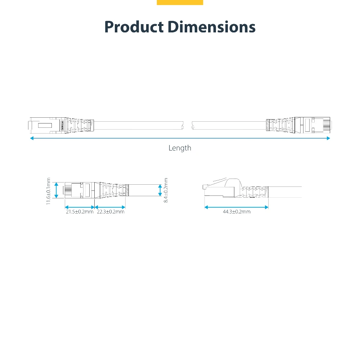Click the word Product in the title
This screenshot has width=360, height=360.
pos(134,27)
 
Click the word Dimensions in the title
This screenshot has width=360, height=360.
pos(212,27)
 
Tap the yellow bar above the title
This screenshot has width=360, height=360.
pos(180,2)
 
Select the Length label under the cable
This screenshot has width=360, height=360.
pos(180,148)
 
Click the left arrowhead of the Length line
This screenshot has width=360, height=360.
pos(32,138)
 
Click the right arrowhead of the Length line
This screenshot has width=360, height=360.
pos(328,138)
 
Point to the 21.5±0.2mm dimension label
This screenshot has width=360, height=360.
pos(80,212)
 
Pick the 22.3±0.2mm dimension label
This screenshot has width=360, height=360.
pos(111,212)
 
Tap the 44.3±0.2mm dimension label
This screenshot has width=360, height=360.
pos(237,212)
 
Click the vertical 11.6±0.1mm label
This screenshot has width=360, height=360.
pos(48,191)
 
